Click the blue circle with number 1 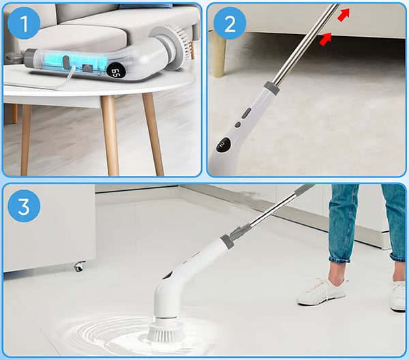pyautogui.click(x=24, y=23)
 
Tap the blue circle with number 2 pyautogui.click(x=230, y=23)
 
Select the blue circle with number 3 pyautogui.click(x=24, y=206)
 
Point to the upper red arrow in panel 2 pyautogui.click(x=344, y=14)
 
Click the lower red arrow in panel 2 pyautogui.click(x=326, y=39)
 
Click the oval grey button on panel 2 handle pyautogui.click(x=245, y=113)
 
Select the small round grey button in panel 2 pyautogui.click(x=238, y=125)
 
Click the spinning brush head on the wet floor pyautogui.click(x=166, y=331)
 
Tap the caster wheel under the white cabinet pyautogui.click(x=79, y=267)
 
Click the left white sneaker pyautogui.click(x=322, y=292)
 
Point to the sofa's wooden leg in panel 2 pyautogui.click(x=219, y=55)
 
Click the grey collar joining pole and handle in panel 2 pyautogui.click(x=271, y=88)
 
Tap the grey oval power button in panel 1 pyautogui.click(x=66, y=62)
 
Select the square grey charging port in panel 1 pyautogui.click(x=87, y=68)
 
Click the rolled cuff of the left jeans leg pyautogui.click(x=340, y=258)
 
